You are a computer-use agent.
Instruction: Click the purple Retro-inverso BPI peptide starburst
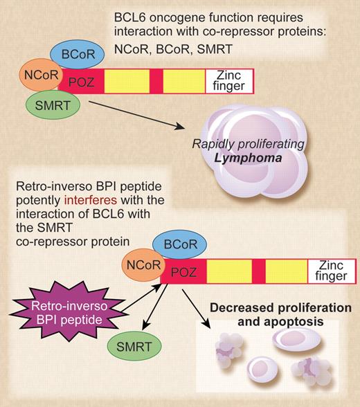point(67,307)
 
